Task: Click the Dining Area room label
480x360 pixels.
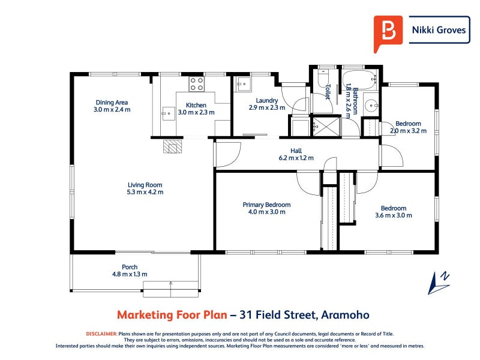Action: [x=112, y=102]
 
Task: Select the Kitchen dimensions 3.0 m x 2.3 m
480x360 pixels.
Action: [x=196, y=112]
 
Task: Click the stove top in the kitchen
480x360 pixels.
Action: [x=197, y=83]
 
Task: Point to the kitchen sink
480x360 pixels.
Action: [x=167, y=111]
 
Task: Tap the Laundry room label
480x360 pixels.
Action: [x=266, y=100]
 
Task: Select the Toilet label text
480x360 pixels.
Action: [x=328, y=91]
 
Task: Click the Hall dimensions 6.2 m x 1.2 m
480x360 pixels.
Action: [x=296, y=158]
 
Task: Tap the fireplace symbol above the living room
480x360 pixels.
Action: [x=172, y=146]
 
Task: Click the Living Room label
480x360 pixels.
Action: [x=145, y=185]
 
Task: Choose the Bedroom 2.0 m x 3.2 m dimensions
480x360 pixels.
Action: [x=408, y=131]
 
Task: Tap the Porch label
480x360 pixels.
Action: [x=130, y=267]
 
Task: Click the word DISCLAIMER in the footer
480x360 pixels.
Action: [x=101, y=334]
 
